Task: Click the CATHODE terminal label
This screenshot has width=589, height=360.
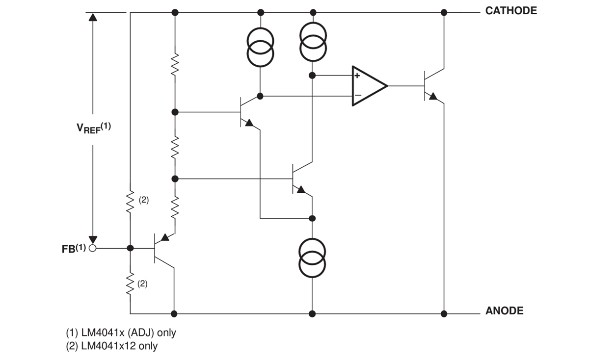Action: [x=511, y=11]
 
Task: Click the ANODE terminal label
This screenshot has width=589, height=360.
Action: [x=504, y=310]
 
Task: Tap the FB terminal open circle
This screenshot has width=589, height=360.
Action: [x=92, y=248]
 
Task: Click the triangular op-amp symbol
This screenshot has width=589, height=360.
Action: [x=368, y=86]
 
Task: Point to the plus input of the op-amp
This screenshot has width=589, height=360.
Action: [x=357, y=76]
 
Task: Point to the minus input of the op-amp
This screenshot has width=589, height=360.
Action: [x=357, y=95]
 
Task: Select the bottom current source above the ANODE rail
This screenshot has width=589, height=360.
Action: [x=312, y=258]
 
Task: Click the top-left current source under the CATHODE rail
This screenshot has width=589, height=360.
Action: [x=260, y=46]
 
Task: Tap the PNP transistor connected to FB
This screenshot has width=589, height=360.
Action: [x=161, y=248]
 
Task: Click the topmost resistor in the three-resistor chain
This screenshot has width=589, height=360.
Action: [x=175, y=64]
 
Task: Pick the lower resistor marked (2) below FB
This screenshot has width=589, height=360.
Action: [x=130, y=283]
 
